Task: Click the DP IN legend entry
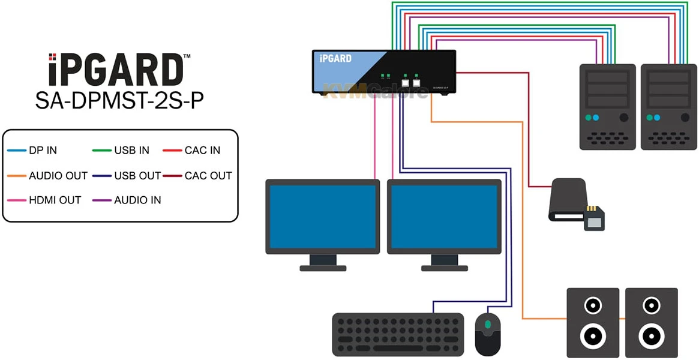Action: click(x=43, y=151)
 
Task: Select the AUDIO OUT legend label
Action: click(x=58, y=176)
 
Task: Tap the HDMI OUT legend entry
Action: click(x=55, y=200)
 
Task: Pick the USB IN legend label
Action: click(x=131, y=151)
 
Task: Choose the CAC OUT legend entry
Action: click(x=208, y=176)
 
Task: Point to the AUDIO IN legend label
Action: click(x=137, y=200)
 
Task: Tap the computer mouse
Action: click(x=488, y=333)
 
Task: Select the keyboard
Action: click(x=398, y=334)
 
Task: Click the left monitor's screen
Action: click(x=323, y=216)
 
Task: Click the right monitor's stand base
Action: click(x=445, y=268)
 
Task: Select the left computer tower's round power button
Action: click(x=624, y=118)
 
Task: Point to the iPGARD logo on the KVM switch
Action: click(x=336, y=59)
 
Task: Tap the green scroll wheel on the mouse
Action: click(x=488, y=324)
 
